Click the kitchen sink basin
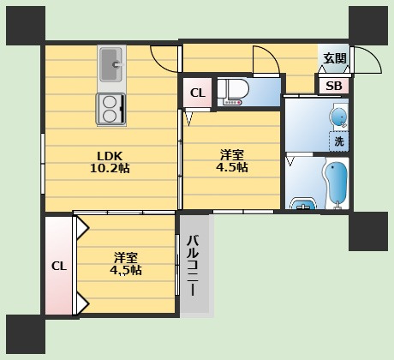(x=110, y=64)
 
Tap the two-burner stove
(x=111, y=109)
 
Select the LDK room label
(x=110, y=156)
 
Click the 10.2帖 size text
(x=110, y=168)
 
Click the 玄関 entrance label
(x=334, y=58)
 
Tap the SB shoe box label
(x=334, y=86)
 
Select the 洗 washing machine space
(x=339, y=141)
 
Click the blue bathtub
(x=337, y=183)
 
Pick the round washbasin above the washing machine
(x=339, y=117)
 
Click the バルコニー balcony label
(x=194, y=266)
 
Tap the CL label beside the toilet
(x=198, y=93)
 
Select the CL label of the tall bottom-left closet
(x=59, y=266)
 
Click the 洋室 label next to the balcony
(x=126, y=258)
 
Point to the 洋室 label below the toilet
(x=231, y=155)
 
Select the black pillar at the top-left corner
(x=26, y=26)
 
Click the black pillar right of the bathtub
(x=368, y=231)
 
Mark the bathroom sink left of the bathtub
(x=303, y=204)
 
